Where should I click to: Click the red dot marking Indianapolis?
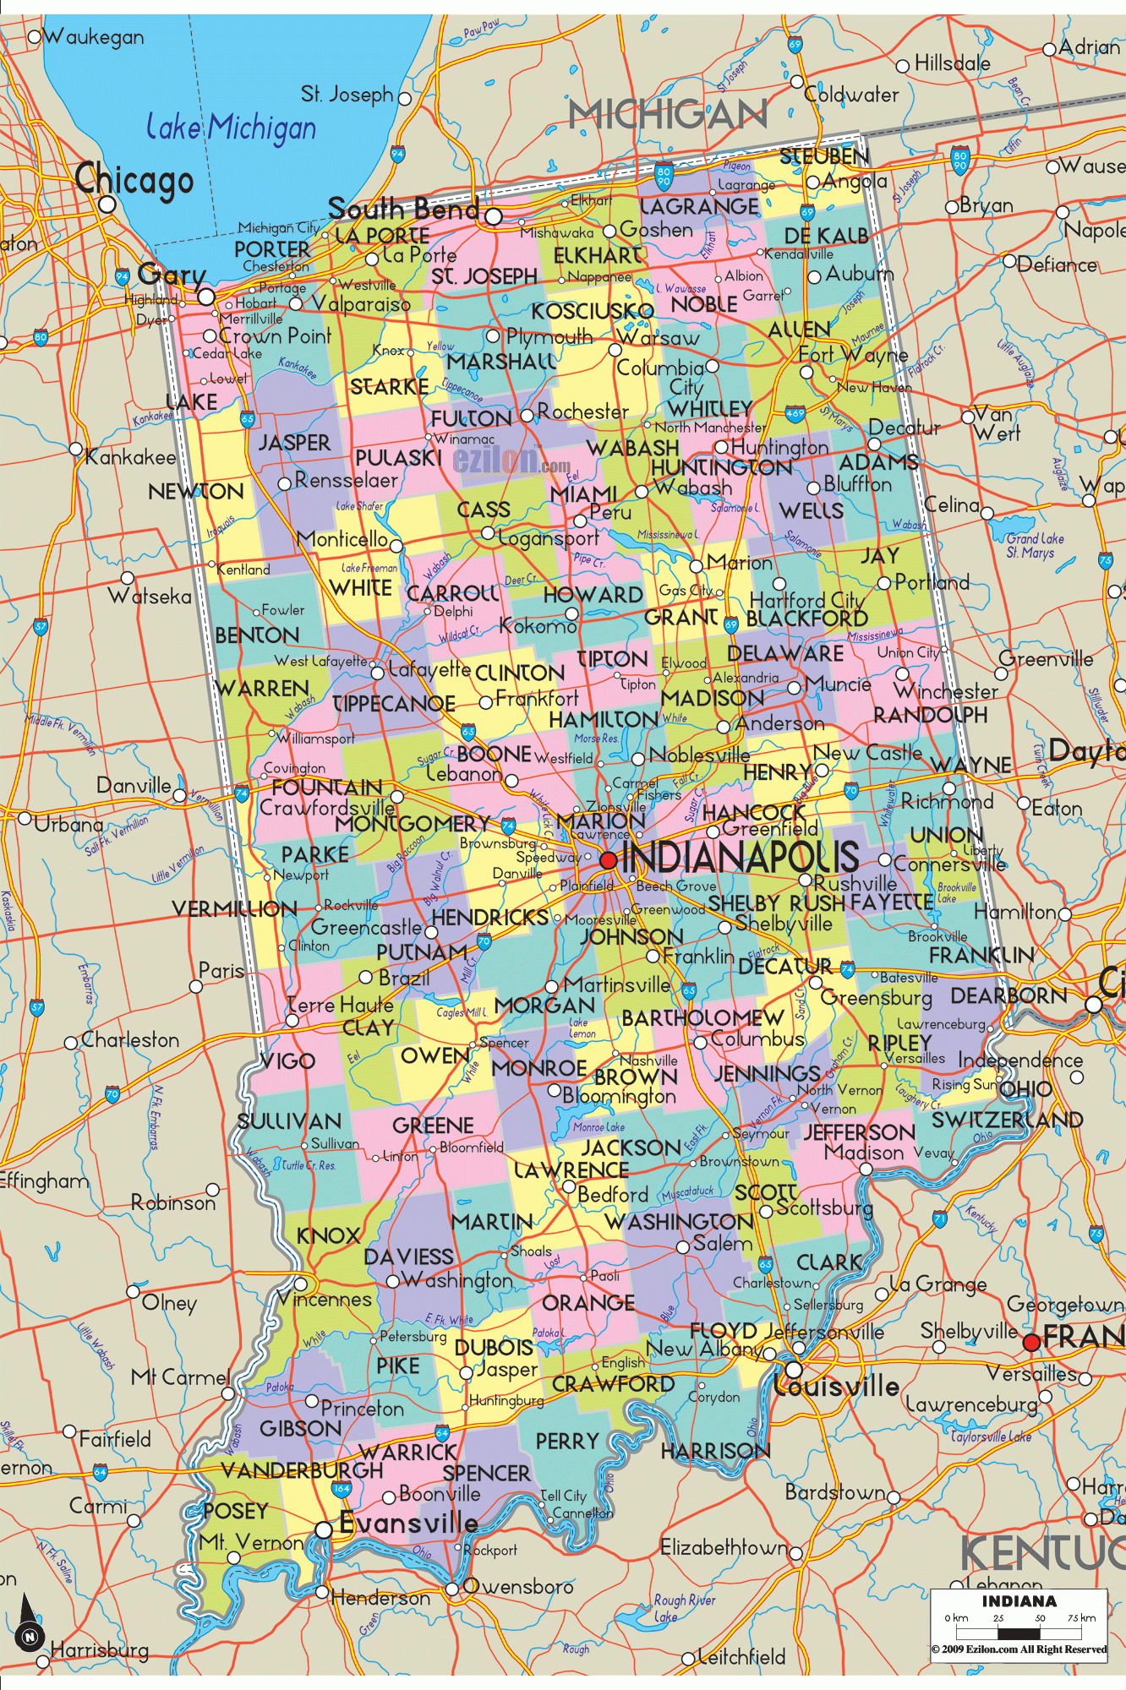[x=609, y=860]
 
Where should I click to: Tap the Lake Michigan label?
[x=231, y=128]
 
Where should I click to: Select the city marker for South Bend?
[x=494, y=216]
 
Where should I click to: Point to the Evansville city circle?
[x=324, y=1530]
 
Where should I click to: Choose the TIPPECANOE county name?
[x=394, y=704]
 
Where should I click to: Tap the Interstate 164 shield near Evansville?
[x=342, y=1489]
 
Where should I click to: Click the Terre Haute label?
[x=340, y=1005]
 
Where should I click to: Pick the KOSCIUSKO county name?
[x=592, y=311]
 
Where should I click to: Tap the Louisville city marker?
[x=794, y=1369]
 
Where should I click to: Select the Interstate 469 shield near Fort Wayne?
[x=795, y=414]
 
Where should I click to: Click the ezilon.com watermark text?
[x=511, y=461]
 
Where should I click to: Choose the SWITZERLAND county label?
[x=1007, y=1120]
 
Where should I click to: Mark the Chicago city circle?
[x=107, y=204]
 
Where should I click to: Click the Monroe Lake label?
[x=599, y=1126]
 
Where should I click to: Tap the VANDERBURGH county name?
[x=302, y=1470]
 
